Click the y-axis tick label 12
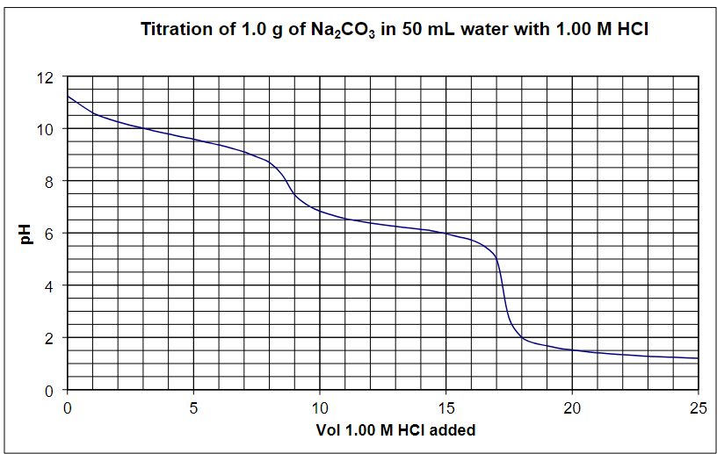pyautogui.click(x=46, y=77)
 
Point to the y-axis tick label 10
pyautogui.click(x=46, y=129)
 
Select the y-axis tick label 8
pyautogui.click(x=50, y=182)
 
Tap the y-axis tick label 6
pyautogui.click(x=50, y=234)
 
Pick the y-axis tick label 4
pyautogui.click(x=50, y=286)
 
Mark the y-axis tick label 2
pyautogui.click(x=50, y=338)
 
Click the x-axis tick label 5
pyautogui.click(x=193, y=407)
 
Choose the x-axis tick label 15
pyautogui.click(x=445, y=407)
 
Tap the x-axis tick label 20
pyautogui.click(x=572, y=407)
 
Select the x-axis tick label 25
pyautogui.click(x=698, y=407)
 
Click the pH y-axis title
pyautogui.click(x=25, y=234)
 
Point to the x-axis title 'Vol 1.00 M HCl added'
pyautogui.click(x=395, y=430)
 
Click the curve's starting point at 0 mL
pyautogui.click(x=68, y=96)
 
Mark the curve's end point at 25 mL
pyautogui.click(x=698, y=358)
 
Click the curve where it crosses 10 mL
pyautogui.click(x=320, y=211)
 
